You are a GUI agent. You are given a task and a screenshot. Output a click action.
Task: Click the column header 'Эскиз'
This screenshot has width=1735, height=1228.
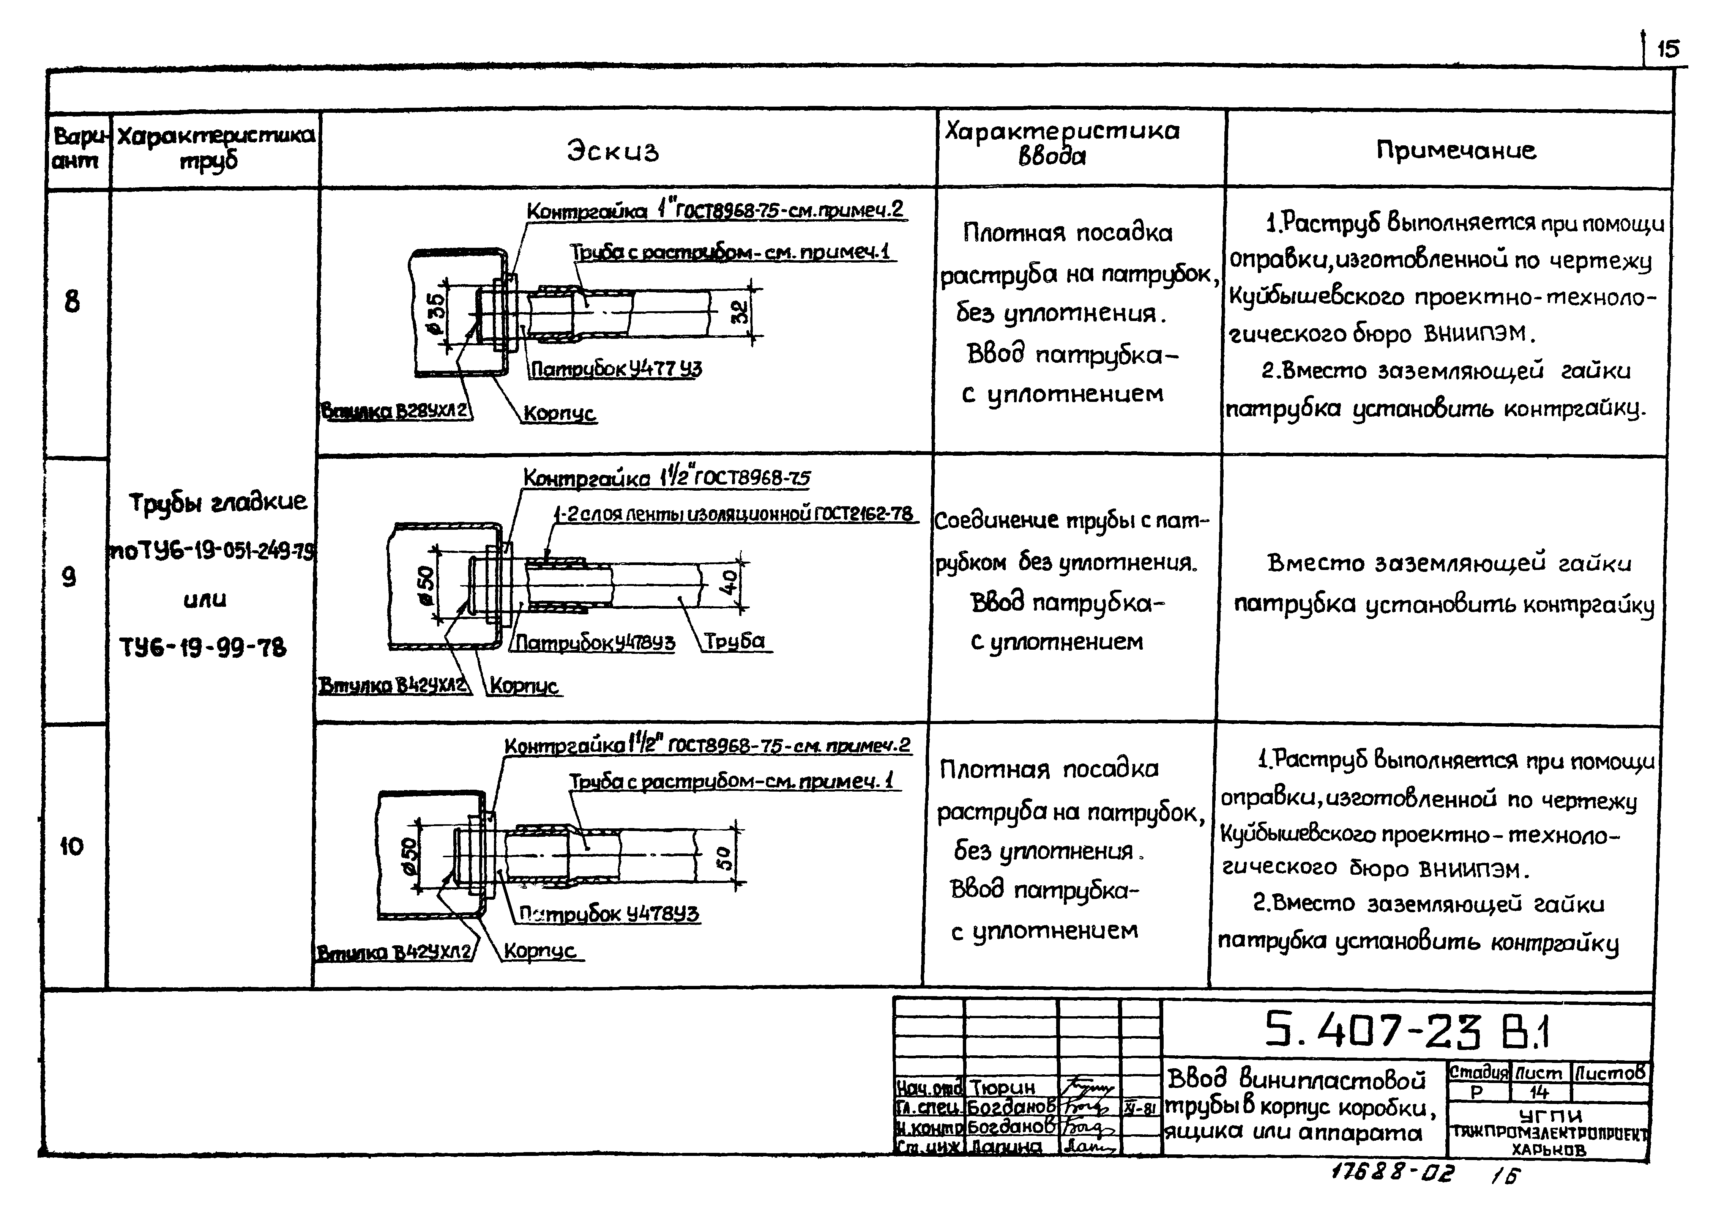tap(613, 151)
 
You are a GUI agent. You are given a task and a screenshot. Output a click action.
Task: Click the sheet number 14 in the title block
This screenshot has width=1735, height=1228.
tap(1539, 1092)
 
